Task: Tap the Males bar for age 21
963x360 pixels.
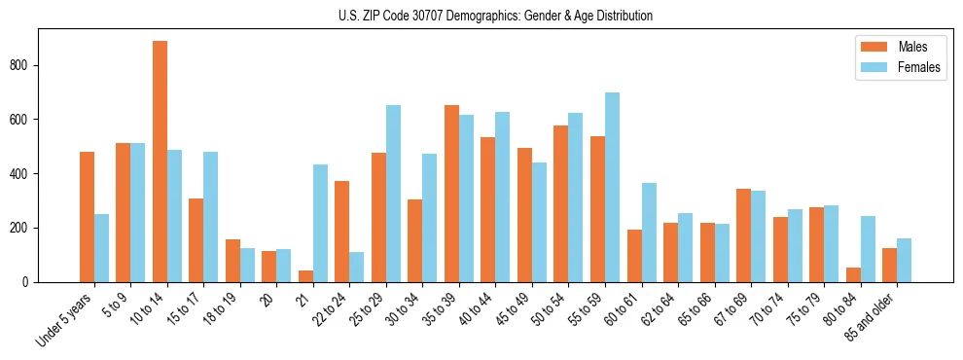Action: click(x=305, y=276)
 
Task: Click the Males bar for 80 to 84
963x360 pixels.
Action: click(x=853, y=274)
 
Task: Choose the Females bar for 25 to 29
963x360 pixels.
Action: click(x=393, y=194)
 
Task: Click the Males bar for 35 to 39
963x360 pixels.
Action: click(x=451, y=194)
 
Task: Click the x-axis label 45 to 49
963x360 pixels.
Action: click(x=516, y=305)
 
